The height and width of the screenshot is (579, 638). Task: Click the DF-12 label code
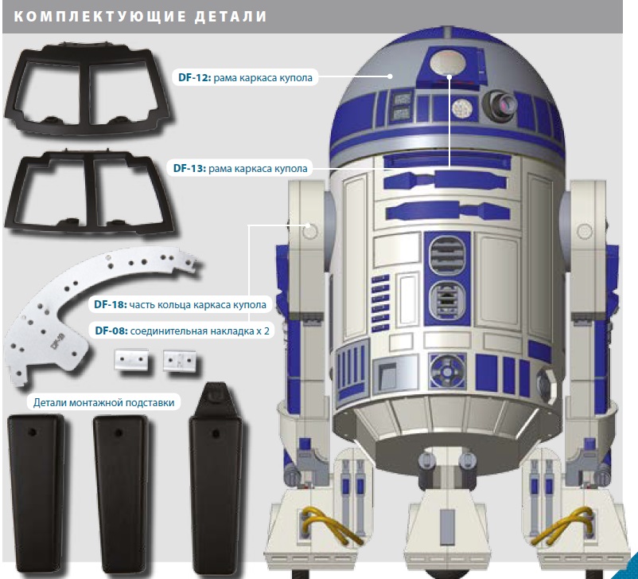[x=194, y=77]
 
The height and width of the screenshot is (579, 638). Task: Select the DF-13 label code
[x=189, y=168]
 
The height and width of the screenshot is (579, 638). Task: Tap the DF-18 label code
[x=111, y=304]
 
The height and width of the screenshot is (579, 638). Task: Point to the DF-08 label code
[x=111, y=331]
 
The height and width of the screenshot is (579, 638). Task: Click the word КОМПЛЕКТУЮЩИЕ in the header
[x=100, y=17]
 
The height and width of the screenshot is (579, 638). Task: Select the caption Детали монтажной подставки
[x=103, y=402]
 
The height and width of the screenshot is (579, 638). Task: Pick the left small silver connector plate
[x=131, y=359]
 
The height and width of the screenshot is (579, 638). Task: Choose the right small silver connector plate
[x=180, y=360]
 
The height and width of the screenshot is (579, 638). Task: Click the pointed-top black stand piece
[x=216, y=478]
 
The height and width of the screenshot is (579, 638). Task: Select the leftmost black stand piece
[x=37, y=493]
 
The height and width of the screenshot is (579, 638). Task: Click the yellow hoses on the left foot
[x=332, y=525]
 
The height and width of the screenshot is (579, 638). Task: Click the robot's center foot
[x=448, y=526]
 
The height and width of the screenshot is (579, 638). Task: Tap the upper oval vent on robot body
[x=447, y=254]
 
